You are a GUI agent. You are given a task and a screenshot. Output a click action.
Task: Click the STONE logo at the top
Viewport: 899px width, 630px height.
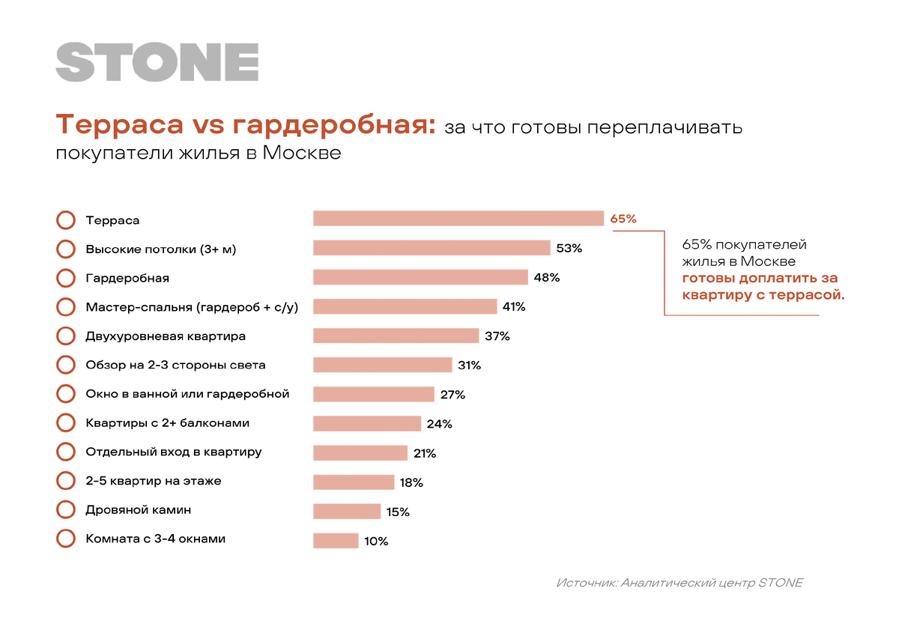pyautogui.click(x=157, y=62)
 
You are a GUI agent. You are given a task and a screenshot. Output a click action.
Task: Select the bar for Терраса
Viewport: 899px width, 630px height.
pyautogui.click(x=458, y=218)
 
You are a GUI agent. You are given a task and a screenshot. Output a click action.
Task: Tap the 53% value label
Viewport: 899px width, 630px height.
pyautogui.click(x=569, y=248)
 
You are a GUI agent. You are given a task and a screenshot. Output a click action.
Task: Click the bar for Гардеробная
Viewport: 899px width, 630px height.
pyautogui.click(x=420, y=277)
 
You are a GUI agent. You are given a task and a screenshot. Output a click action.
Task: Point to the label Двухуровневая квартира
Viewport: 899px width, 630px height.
pyautogui.click(x=166, y=336)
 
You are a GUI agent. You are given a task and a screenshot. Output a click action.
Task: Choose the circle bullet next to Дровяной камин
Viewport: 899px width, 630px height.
pyautogui.click(x=66, y=510)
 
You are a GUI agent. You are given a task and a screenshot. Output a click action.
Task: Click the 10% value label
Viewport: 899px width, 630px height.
pyautogui.click(x=376, y=541)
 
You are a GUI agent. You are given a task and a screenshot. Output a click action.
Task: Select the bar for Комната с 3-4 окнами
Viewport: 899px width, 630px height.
pyautogui.click(x=336, y=541)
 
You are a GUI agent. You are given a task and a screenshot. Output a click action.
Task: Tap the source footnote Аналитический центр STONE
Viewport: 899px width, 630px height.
pyautogui.click(x=679, y=582)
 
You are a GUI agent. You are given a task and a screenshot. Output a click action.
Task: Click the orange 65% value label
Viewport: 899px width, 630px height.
pyautogui.click(x=623, y=219)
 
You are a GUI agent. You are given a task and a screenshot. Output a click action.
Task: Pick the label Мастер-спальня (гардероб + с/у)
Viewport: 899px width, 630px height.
pyautogui.click(x=192, y=307)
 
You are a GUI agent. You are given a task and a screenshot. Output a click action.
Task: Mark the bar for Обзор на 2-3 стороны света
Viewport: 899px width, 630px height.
pyautogui.click(x=383, y=365)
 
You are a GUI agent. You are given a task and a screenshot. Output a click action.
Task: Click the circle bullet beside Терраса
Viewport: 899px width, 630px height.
pyautogui.click(x=66, y=220)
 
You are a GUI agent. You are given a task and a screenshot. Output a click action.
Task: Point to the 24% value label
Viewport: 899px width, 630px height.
pyautogui.click(x=439, y=424)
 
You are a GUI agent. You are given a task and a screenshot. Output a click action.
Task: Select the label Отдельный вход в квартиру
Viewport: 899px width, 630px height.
pyautogui.click(x=174, y=452)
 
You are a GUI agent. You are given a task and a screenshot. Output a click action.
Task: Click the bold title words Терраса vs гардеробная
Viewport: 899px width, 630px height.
pyautogui.click(x=245, y=125)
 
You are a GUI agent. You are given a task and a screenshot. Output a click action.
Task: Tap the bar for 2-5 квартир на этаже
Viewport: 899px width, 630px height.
pyautogui.click(x=354, y=482)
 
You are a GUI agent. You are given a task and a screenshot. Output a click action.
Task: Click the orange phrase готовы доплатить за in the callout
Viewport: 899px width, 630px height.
pyautogui.click(x=760, y=278)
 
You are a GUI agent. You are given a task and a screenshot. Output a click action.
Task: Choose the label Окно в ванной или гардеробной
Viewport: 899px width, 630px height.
pyautogui.click(x=187, y=394)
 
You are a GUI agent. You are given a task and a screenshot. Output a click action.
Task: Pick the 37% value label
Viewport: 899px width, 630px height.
pyautogui.click(x=497, y=336)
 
